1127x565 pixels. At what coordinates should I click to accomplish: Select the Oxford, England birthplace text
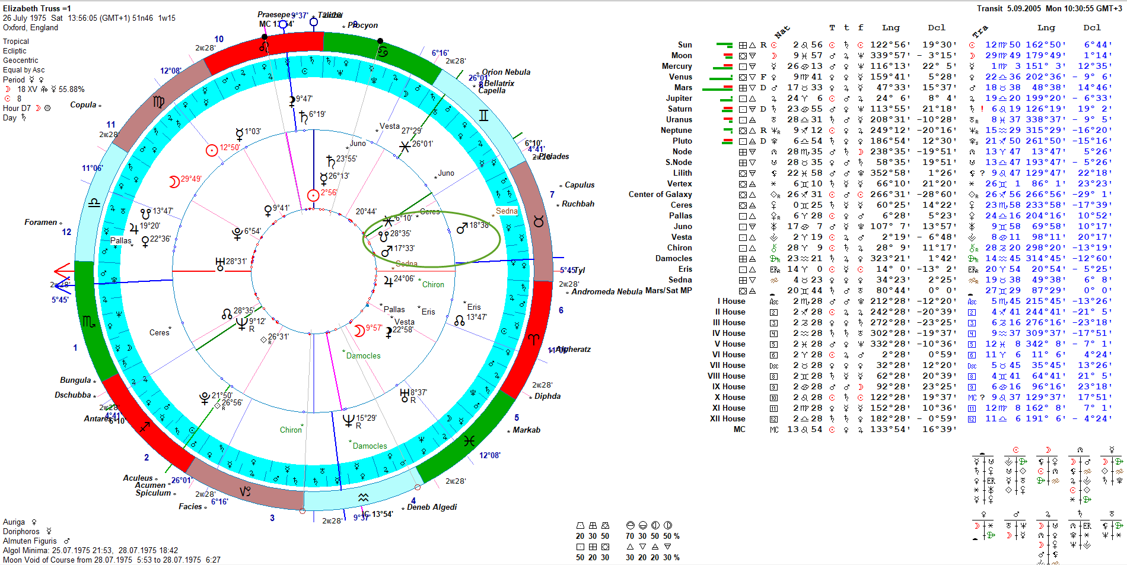tap(30, 27)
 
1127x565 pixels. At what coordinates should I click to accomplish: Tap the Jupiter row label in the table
tap(679, 99)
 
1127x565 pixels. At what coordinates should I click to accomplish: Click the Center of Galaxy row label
tap(660, 195)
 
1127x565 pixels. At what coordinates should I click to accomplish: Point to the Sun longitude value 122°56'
tap(887, 45)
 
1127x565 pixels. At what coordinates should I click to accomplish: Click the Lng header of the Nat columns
tap(890, 28)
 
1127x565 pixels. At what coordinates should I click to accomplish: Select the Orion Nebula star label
tap(506, 72)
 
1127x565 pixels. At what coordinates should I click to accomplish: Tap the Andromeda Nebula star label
tap(606, 291)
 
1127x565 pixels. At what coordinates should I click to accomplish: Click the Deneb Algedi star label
tap(432, 507)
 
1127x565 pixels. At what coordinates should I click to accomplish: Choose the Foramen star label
tap(40, 223)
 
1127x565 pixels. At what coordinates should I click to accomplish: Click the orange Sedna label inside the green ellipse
tap(507, 211)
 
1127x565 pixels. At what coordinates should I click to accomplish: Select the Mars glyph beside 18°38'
tap(462, 228)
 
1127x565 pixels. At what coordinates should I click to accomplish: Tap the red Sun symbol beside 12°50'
tap(212, 150)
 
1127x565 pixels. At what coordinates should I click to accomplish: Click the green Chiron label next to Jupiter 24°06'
tap(433, 285)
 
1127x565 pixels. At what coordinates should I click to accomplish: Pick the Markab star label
tap(526, 430)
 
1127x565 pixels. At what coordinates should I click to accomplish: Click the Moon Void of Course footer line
tap(112, 560)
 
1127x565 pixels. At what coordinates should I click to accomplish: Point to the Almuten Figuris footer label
tap(30, 541)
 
